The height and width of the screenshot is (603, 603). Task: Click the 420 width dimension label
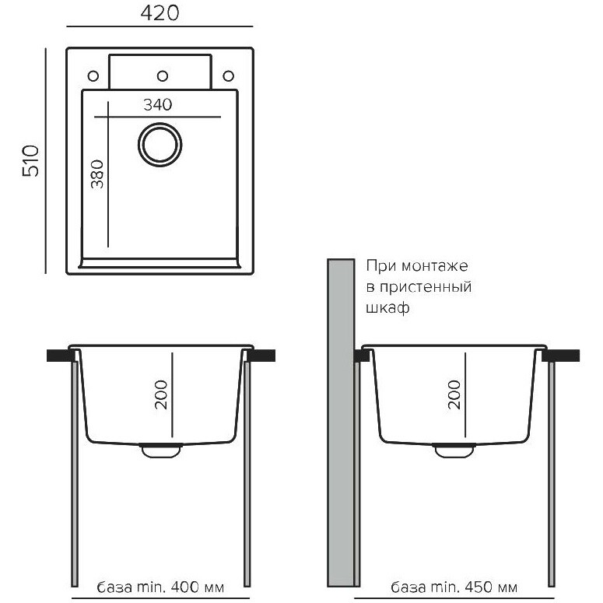(x=160, y=13)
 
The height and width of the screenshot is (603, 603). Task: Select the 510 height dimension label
(x=31, y=161)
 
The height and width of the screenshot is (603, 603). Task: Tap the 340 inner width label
(x=158, y=104)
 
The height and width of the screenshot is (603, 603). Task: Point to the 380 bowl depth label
(x=97, y=174)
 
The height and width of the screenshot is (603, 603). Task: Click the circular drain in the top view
(x=160, y=145)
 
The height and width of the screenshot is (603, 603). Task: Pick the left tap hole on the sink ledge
(x=93, y=75)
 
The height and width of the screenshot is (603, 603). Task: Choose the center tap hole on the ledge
(x=163, y=75)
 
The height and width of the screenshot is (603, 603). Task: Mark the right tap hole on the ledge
(x=229, y=75)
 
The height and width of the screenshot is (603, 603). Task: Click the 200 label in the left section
(x=161, y=394)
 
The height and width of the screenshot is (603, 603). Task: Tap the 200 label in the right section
(x=454, y=394)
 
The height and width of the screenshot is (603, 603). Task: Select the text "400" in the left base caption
(x=185, y=587)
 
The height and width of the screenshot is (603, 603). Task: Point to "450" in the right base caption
(x=479, y=587)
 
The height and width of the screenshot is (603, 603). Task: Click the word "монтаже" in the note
(x=435, y=266)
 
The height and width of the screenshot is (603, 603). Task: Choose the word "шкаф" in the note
(x=387, y=308)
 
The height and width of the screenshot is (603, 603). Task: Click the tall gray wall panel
(x=341, y=422)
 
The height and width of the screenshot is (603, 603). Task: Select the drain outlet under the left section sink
(x=161, y=450)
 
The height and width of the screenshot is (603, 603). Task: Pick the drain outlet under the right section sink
(x=454, y=450)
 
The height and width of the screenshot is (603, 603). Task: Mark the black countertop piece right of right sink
(x=560, y=356)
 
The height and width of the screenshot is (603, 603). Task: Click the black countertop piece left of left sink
(x=61, y=356)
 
